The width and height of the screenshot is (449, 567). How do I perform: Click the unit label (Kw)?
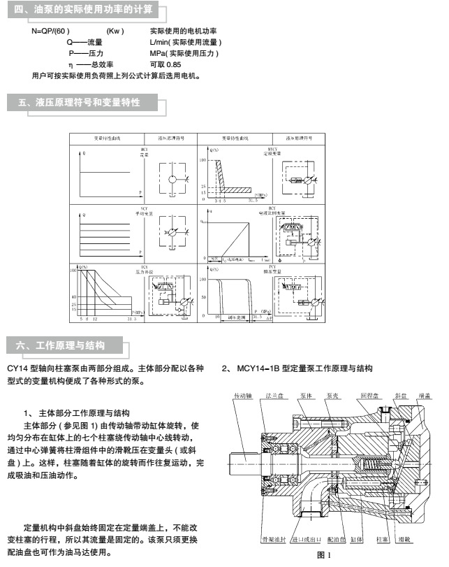115,32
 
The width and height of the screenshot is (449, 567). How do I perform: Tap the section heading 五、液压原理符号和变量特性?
78,103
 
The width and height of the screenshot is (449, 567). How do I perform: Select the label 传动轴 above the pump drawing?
242,395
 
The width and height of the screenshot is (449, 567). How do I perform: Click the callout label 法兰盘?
272,395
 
